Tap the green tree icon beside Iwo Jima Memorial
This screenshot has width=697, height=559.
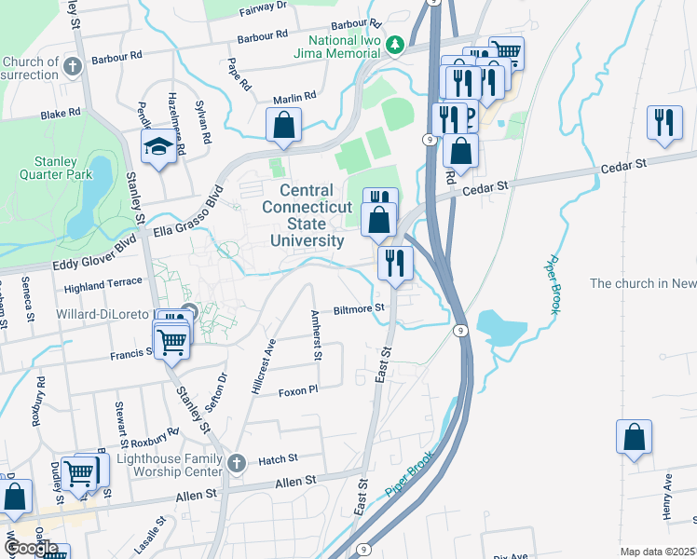[x=395, y=44]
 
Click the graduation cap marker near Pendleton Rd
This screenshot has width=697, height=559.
[x=157, y=146]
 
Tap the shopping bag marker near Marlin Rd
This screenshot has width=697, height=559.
[x=283, y=125]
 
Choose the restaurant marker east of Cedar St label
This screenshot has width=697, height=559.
[x=664, y=124]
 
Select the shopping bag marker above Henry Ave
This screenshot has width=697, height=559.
[x=634, y=437]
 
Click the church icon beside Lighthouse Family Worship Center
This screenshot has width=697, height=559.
[x=238, y=462]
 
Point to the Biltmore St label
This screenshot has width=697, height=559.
[x=360, y=307]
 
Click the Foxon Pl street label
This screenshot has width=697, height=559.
[x=298, y=391]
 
